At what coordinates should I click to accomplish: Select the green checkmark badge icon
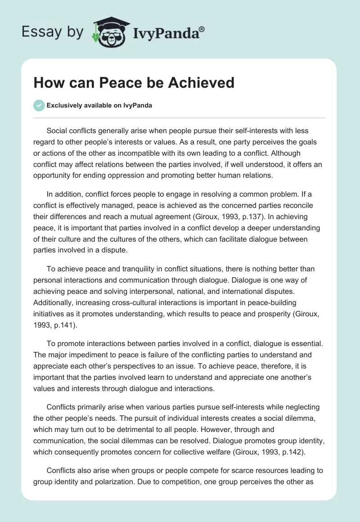click(39, 105)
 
